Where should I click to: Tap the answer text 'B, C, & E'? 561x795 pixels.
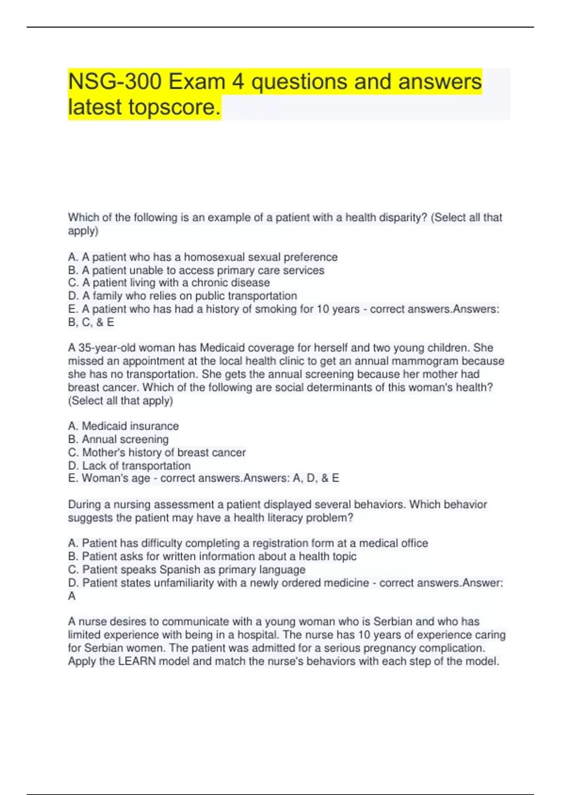91,322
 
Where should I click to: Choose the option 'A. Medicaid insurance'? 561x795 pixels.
123,426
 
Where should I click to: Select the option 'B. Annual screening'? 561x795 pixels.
118,439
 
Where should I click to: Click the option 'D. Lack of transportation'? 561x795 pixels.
129,466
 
